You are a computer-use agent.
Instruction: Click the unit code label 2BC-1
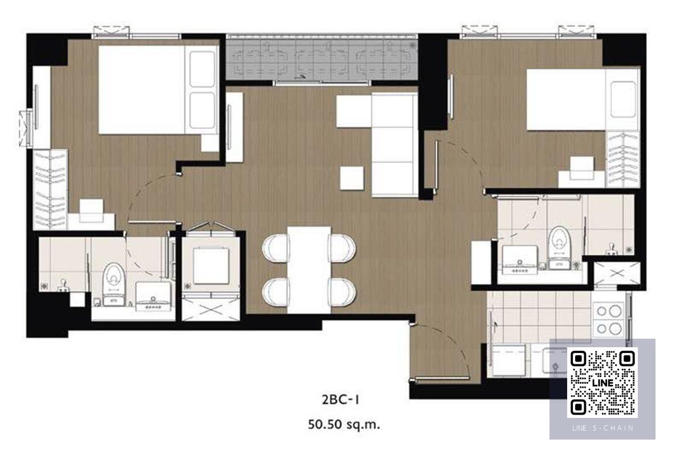click(x=340, y=400)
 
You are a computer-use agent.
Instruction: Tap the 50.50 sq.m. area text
click(x=344, y=425)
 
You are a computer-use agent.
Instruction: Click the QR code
click(x=602, y=383)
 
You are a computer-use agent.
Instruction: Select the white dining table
click(x=309, y=270)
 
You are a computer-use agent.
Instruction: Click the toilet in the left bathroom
click(x=113, y=285)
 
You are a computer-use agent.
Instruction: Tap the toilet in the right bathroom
click(x=559, y=247)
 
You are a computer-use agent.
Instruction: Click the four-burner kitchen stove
click(x=608, y=320)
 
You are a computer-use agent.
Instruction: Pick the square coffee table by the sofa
click(x=352, y=178)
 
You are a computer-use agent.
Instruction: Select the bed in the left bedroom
click(x=158, y=90)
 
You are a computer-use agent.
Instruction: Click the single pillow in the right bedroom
click(x=623, y=100)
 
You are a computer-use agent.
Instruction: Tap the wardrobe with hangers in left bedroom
click(x=50, y=190)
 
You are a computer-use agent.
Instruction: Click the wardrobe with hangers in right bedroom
click(x=623, y=160)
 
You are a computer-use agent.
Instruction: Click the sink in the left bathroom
click(x=153, y=296)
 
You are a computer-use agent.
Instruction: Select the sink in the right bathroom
click(x=520, y=260)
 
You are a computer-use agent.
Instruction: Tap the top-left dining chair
click(x=275, y=248)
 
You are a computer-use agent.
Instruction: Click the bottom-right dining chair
click(x=343, y=292)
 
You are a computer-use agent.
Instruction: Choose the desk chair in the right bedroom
click(x=582, y=168)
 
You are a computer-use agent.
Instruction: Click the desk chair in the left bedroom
click(x=91, y=211)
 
